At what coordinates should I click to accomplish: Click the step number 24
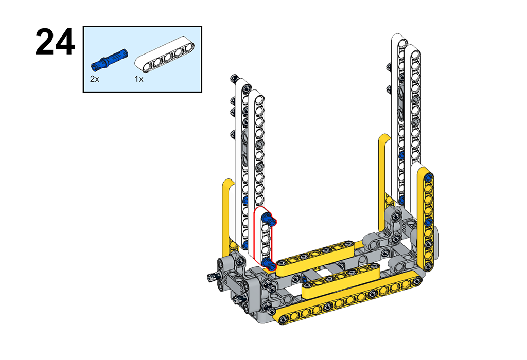click(x=55, y=42)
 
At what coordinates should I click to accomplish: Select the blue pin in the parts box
click(x=109, y=59)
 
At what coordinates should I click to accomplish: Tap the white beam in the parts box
click(x=165, y=55)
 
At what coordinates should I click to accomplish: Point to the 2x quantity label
click(x=95, y=79)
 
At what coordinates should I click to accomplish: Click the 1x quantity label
click(x=139, y=79)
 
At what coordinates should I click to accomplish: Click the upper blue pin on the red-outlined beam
click(x=269, y=219)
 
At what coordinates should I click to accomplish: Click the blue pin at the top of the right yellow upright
click(x=429, y=177)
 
